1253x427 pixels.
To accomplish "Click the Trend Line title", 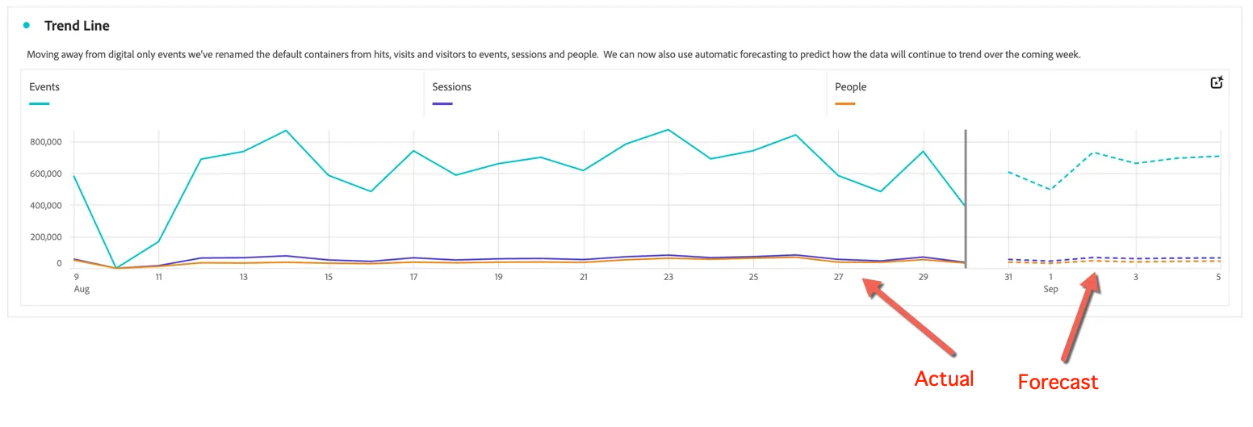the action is (77, 26).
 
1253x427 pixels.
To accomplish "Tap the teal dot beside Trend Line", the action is (27, 25).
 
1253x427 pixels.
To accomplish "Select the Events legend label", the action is (44, 86).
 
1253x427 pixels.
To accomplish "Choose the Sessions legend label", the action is (451, 86).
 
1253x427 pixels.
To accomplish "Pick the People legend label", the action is (850, 86).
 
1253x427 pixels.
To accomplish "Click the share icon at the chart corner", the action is (1216, 82).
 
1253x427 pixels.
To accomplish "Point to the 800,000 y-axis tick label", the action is (46, 142).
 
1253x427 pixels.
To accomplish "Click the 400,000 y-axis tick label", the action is (46, 205).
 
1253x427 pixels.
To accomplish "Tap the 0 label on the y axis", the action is (59, 263).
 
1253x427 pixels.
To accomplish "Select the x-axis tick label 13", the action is (243, 277).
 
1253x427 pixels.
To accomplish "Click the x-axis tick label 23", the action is (668, 277).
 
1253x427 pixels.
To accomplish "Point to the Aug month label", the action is (82, 289).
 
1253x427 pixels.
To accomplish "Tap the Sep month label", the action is (1050, 289).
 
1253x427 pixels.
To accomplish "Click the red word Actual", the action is (945, 379).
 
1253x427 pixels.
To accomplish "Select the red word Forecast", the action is (1058, 383).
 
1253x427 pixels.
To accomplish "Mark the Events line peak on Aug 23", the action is (668, 130).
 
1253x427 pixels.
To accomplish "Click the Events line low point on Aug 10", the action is (116, 268).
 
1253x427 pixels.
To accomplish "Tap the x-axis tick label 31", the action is (1008, 277).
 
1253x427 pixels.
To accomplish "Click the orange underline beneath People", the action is (844, 104).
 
